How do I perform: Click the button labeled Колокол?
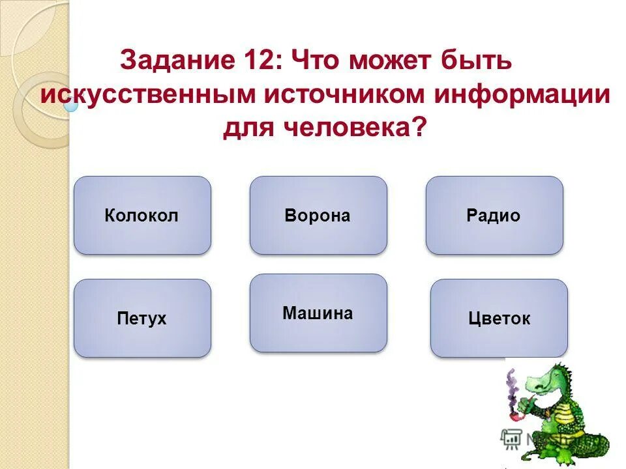tap(142, 215)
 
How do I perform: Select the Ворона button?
tap(318, 215)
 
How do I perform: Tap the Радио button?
tap(494, 215)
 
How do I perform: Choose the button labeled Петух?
tap(142, 319)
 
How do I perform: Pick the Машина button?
tap(318, 313)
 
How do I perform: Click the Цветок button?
tap(499, 319)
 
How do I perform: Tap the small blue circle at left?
tap(71, 105)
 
